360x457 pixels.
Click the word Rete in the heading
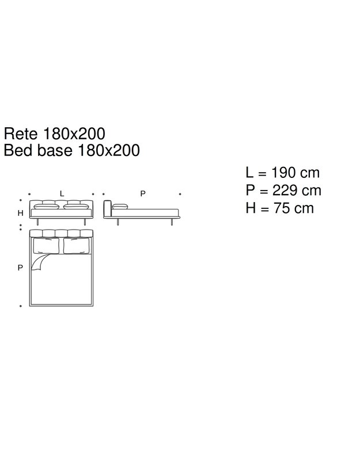click(x=21, y=134)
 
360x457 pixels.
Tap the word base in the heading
click(x=55, y=150)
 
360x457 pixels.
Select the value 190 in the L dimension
click(x=283, y=173)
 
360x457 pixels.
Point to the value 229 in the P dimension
click(x=285, y=191)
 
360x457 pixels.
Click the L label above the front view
click(x=62, y=193)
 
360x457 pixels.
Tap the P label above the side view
click(x=143, y=193)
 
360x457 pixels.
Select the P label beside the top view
click(x=20, y=268)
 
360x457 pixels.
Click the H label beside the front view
click(x=20, y=214)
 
